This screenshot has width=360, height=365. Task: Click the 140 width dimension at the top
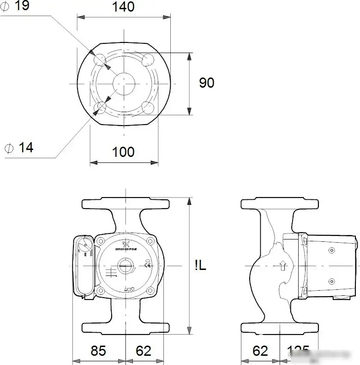pyautogui.click(x=123, y=7)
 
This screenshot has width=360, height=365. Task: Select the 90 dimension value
pyautogui.click(x=207, y=83)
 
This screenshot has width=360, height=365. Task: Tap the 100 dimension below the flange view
pyautogui.click(x=123, y=152)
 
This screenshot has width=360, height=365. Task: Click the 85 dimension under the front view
pyautogui.click(x=98, y=351)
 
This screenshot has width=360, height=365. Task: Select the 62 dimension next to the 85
pyautogui.click(x=144, y=351)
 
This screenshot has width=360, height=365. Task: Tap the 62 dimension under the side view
pyautogui.click(x=260, y=351)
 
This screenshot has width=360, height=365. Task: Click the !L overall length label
pyautogui.click(x=200, y=266)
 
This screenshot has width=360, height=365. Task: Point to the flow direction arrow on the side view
pyautogui.click(x=283, y=266)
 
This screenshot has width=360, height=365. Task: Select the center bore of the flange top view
pyautogui.click(x=124, y=84)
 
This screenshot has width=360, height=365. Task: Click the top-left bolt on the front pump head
pyautogui.click(x=100, y=241)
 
